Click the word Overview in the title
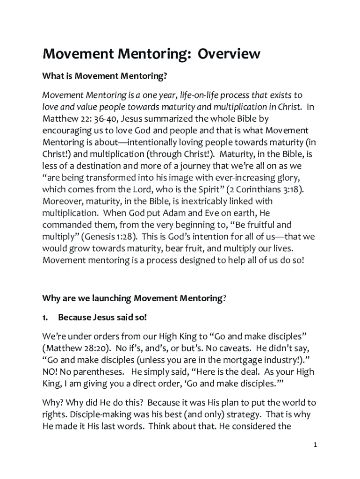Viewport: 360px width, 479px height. tap(229, 54)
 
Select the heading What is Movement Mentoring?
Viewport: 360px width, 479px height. tap(105, 75)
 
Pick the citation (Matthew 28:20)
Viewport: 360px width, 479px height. tap(77, 348)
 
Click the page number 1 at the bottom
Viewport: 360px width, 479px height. tap(316, 445)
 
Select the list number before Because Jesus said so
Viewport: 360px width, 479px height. tap(45, 318)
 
